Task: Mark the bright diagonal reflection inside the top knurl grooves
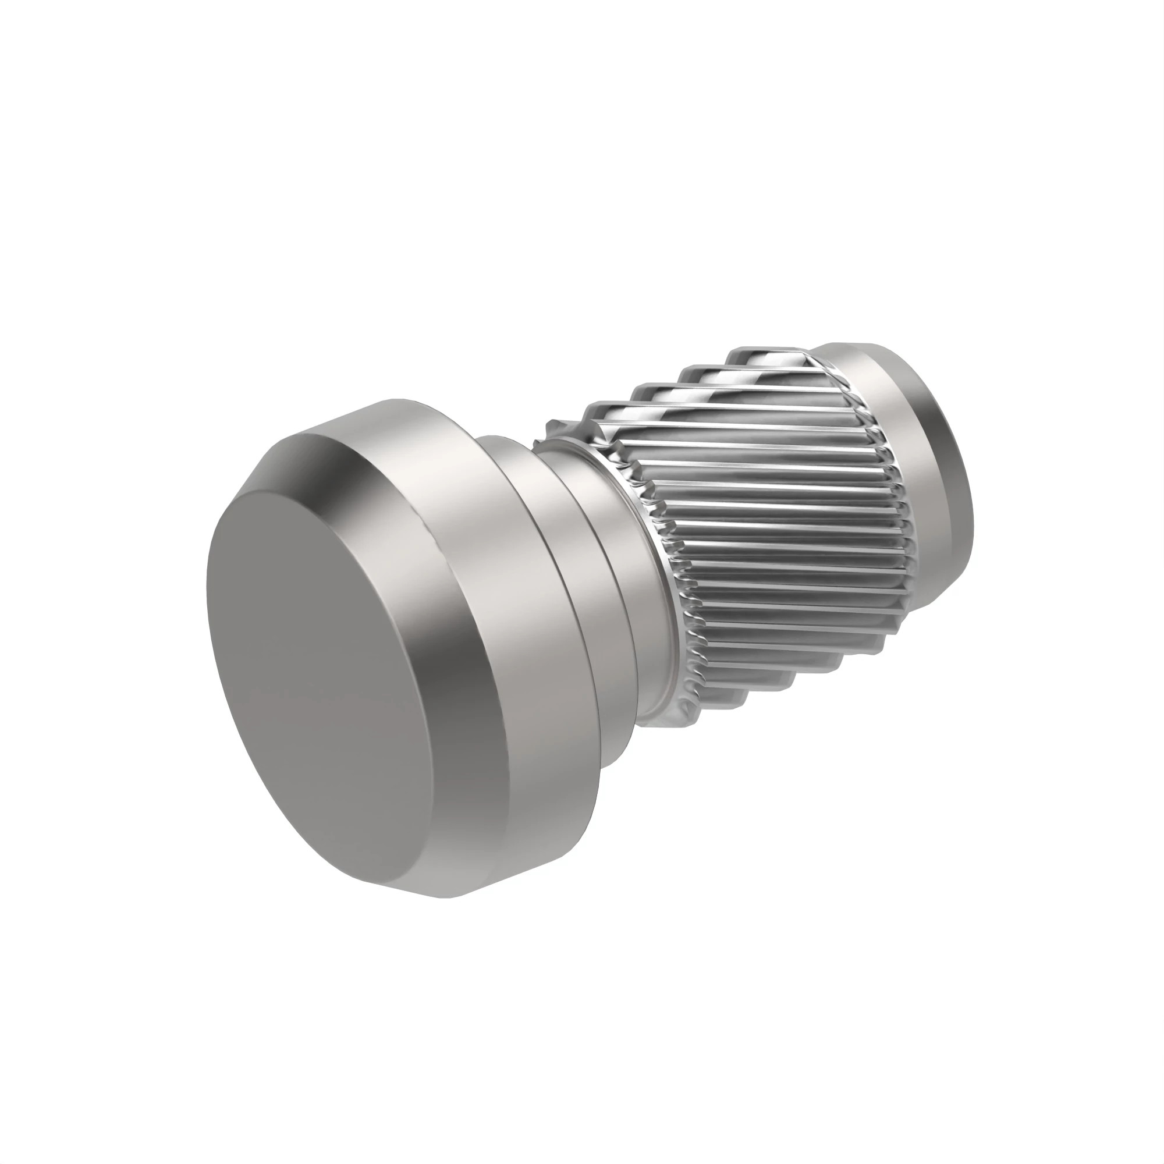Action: (x=777, y=386)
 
